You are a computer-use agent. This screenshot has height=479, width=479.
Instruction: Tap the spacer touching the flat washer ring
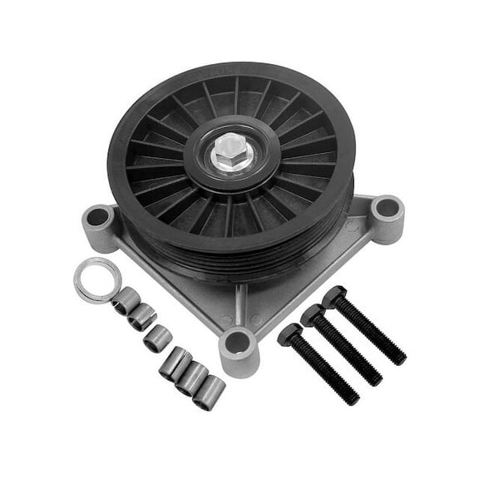click(x=127, y=300)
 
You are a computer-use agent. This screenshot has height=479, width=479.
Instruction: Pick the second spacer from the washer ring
click(x=142, y=316)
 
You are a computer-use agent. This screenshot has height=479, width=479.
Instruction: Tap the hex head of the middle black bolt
click(x=314, y=315)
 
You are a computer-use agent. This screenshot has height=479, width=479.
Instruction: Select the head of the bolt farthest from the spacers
click(x=334, y=297)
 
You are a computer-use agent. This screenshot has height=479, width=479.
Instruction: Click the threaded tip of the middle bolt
click(x=375, y=378)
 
